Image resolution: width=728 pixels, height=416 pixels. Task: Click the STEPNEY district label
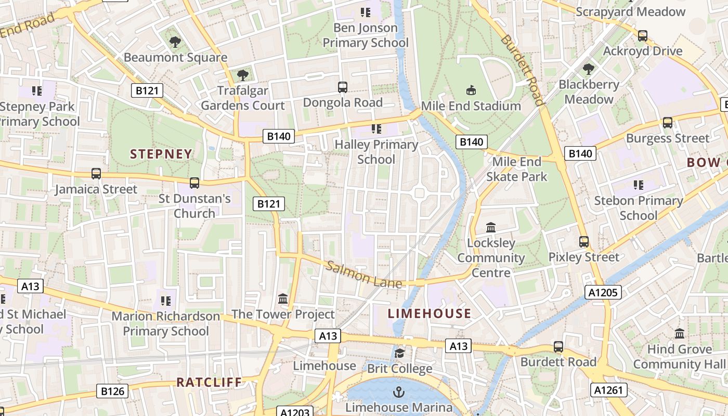click(161, 154)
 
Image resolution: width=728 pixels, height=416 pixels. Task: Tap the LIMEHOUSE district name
click(430, 314)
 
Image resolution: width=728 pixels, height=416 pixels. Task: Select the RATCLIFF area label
click(209, 382)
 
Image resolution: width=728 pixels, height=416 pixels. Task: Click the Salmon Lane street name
click(364, 275)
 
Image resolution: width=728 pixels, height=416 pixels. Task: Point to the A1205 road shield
click(603, 292)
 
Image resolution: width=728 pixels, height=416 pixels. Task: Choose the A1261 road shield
click(609, 390)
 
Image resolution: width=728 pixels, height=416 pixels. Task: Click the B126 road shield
click(112, 391)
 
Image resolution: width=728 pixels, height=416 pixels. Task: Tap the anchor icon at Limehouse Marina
click(399, 392)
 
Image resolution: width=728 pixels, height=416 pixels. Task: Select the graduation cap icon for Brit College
click(399, 354)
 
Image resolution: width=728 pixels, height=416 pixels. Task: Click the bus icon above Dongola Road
click(343, 87)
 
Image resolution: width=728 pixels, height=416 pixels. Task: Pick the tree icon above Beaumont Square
click(175, 42)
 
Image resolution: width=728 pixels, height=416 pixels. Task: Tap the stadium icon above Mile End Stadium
click(471, 90)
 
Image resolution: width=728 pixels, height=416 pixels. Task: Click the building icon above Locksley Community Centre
click(491, 227)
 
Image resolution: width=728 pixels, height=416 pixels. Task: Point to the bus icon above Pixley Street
click(584, 242)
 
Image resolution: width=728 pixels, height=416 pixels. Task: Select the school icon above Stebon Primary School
click(639, 185)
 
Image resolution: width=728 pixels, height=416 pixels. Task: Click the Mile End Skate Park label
click(516, 169)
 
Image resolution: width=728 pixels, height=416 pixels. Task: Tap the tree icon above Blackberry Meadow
click(589, 69)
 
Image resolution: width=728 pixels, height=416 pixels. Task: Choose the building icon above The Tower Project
click(283, 298)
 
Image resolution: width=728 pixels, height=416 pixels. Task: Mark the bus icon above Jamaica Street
click(96, 174)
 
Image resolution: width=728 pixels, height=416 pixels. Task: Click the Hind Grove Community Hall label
click(679, 357)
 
